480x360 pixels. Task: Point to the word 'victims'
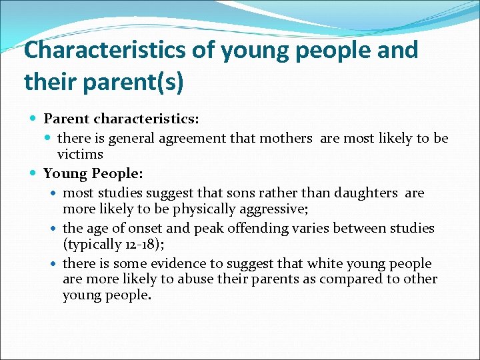[x=80, y=155]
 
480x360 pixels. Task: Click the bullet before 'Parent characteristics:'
[x=35, y=119]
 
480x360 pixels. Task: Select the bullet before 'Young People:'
[x=35, y=174]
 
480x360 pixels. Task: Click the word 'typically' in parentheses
[x=94, y=244]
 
